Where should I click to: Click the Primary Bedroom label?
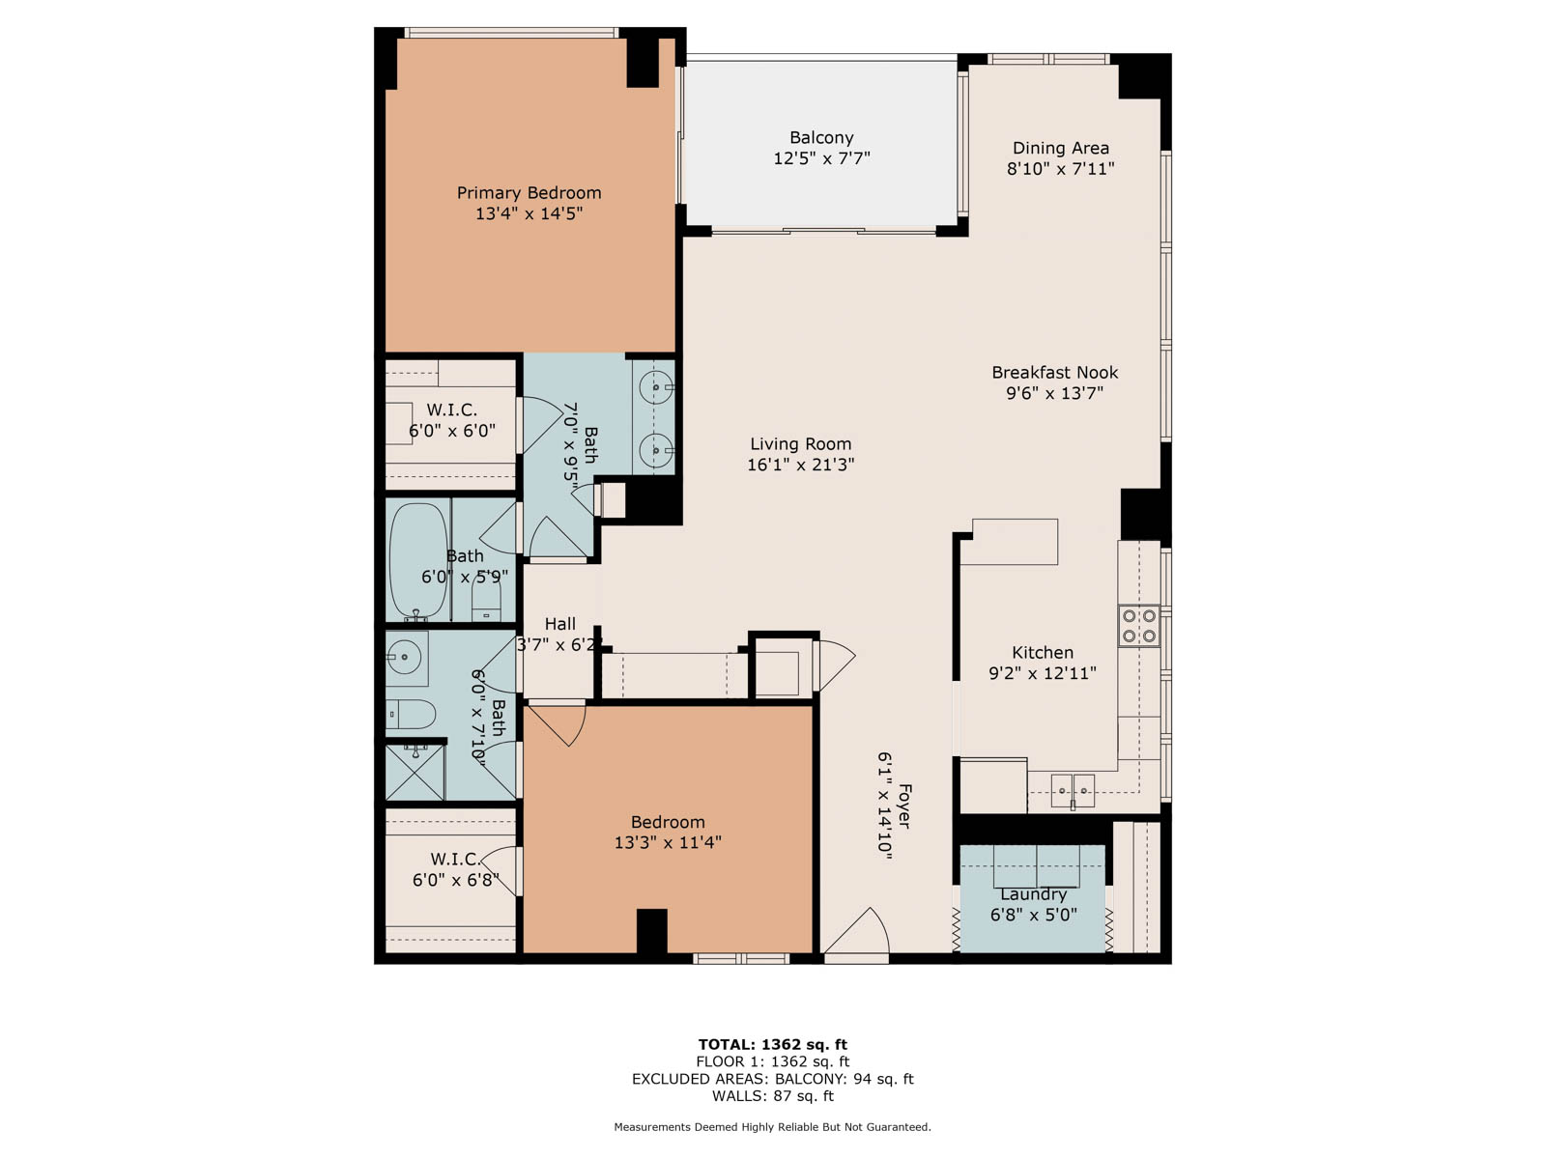point(529,193)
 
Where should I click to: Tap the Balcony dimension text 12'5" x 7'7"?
point(821,158)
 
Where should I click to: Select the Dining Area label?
point(1061,148)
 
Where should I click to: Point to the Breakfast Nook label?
point(1054,372)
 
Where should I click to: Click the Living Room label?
point(801,444)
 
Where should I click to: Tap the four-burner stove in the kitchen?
point(1139,626)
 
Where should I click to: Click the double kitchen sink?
point(1073,791)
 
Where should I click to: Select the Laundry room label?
point(1033,894)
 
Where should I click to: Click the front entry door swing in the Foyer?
point(856,933)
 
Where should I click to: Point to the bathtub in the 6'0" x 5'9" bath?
point(418,561)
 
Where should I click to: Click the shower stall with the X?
point(415,772)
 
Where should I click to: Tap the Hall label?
point(559,624)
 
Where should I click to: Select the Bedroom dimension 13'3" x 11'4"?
point(668,842)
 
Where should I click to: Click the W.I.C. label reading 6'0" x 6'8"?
point(456,870)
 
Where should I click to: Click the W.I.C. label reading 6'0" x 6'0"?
point(452,420)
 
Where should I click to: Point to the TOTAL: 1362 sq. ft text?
point(773,1044)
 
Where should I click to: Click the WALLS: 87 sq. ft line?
point(773,1095)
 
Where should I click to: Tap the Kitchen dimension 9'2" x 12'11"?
point(1043,673)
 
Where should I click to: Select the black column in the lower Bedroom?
point(651,931)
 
